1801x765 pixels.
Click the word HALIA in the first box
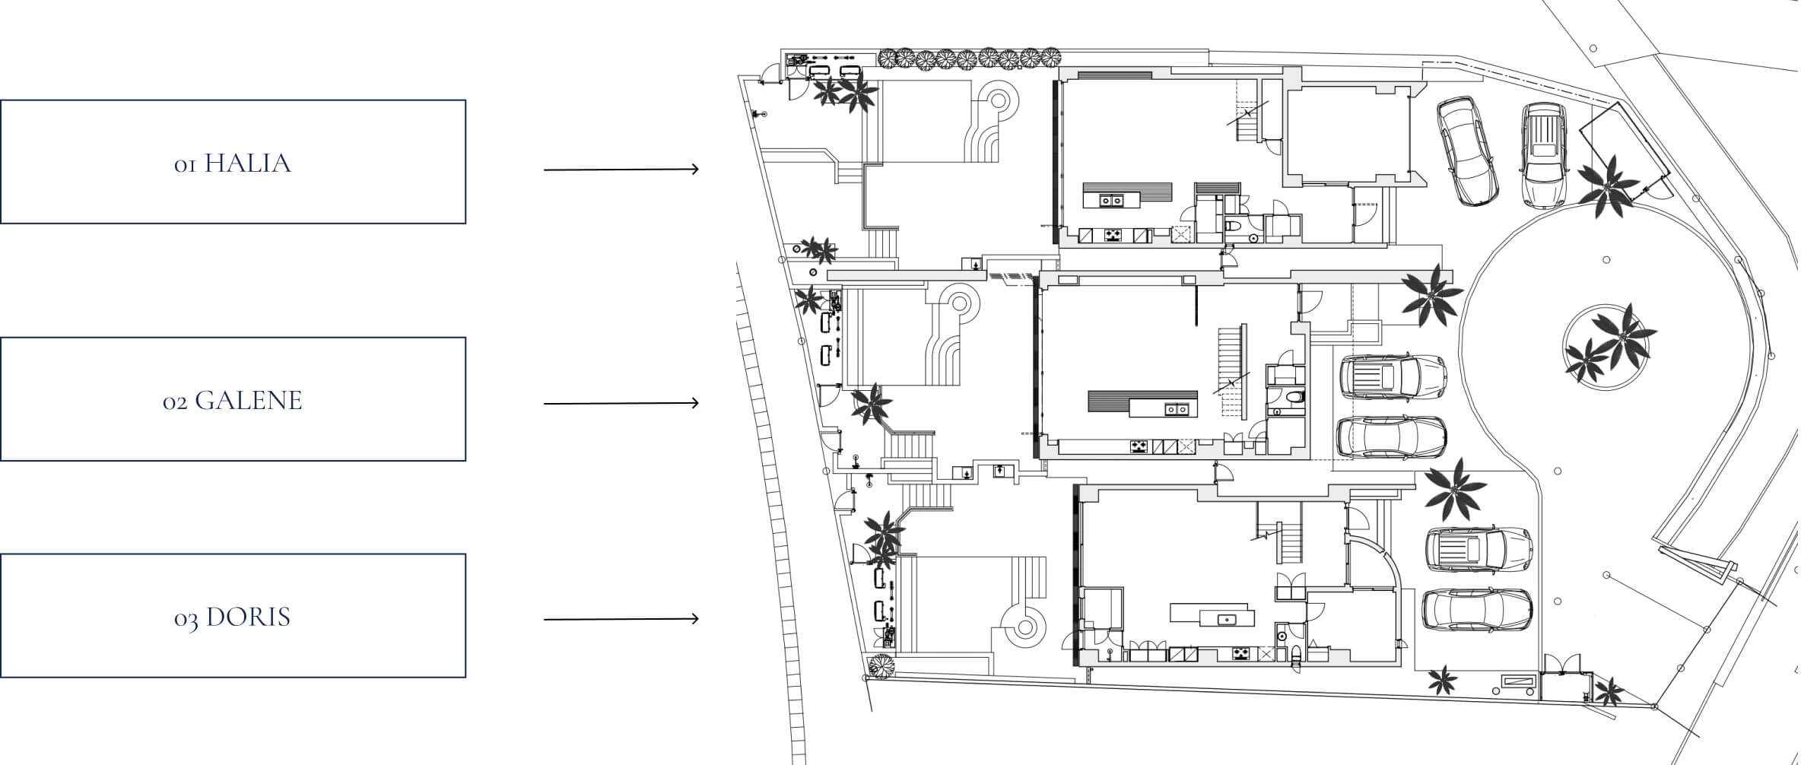pos(248,163)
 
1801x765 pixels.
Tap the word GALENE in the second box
pos(249,401)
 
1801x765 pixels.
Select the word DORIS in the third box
pos(249,617)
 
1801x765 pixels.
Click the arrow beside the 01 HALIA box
pos(621,169)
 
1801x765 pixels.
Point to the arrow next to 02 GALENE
pos(621,403)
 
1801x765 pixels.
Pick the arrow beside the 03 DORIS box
pos(621,619)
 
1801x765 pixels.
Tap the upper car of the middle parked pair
pos(1393,376)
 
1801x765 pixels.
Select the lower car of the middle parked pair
pos(1392,437)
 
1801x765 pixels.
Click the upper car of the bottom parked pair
pos(1479,549)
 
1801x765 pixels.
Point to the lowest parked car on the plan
pos(1477,611)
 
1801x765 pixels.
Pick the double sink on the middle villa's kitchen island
pos(1177,409)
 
